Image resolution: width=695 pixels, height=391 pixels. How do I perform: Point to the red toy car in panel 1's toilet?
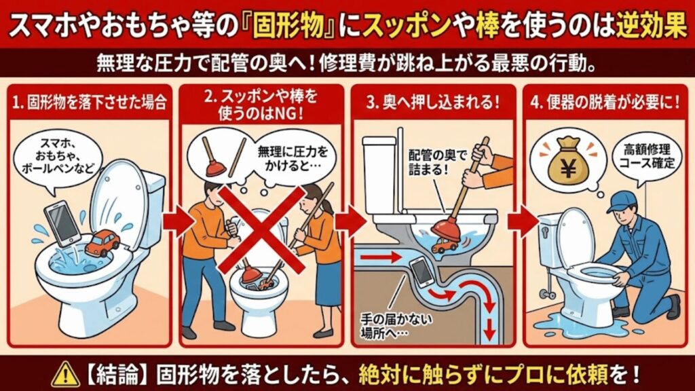[101, 242]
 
